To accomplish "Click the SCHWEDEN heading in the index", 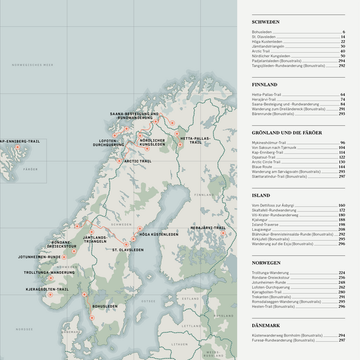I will [x=266, y=22].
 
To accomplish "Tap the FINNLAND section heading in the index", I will [x=265, y=85].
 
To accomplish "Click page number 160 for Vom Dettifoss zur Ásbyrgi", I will [x=341, y=206].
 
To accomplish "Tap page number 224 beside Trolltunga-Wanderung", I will [x=341, y=273].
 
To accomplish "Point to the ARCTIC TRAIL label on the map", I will [x=137, y=161].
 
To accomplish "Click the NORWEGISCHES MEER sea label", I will [x=32, y=65].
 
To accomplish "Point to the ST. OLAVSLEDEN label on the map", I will [x=127, y=250].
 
